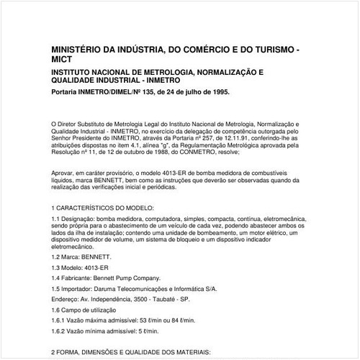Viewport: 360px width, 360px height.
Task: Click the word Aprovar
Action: (64, 174)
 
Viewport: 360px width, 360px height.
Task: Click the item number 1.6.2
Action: (60, 330)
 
